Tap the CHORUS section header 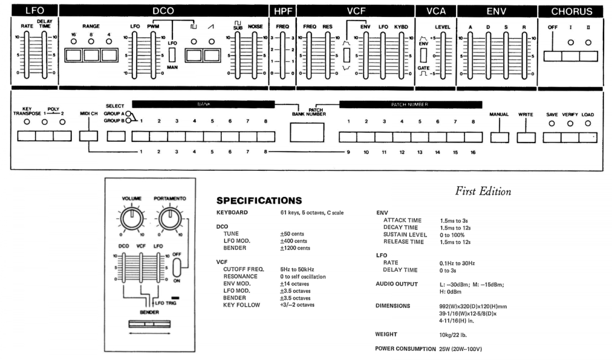571,11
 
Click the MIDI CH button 88,136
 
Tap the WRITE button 526,137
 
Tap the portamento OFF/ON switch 176,267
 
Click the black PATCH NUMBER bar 411,104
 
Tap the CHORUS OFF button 553,56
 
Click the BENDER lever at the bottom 150,324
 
